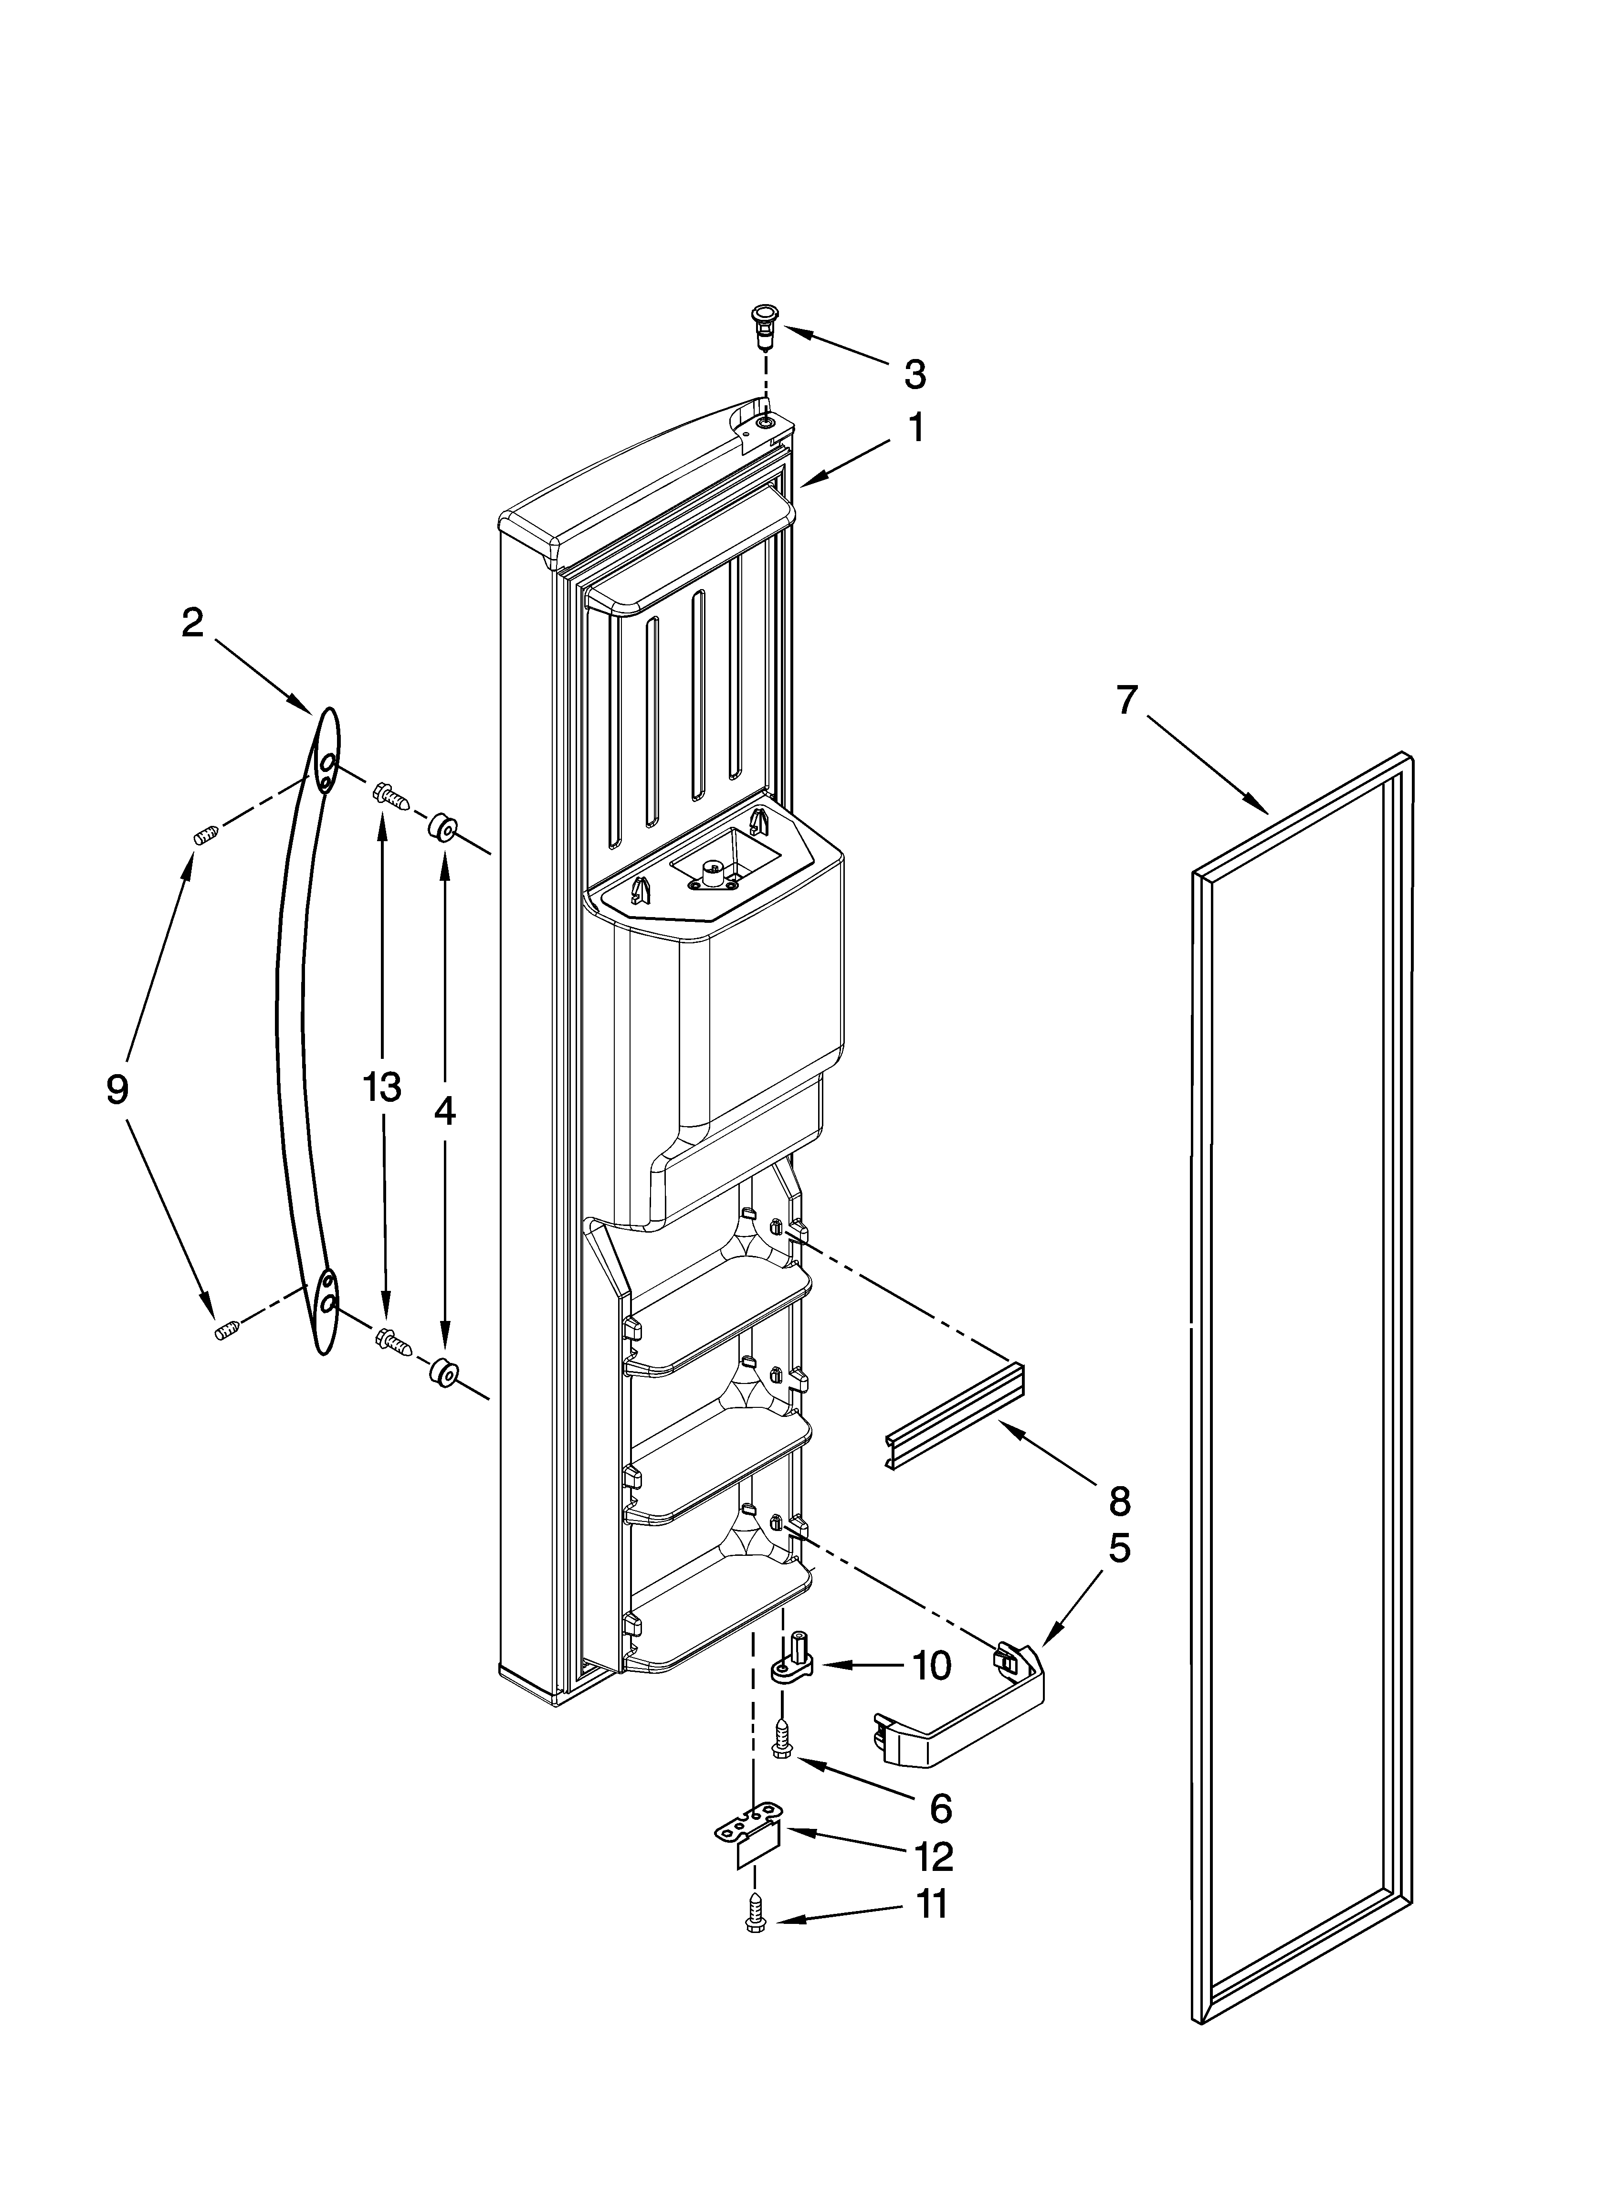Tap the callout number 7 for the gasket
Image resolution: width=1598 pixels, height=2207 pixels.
pos(1126,700)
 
